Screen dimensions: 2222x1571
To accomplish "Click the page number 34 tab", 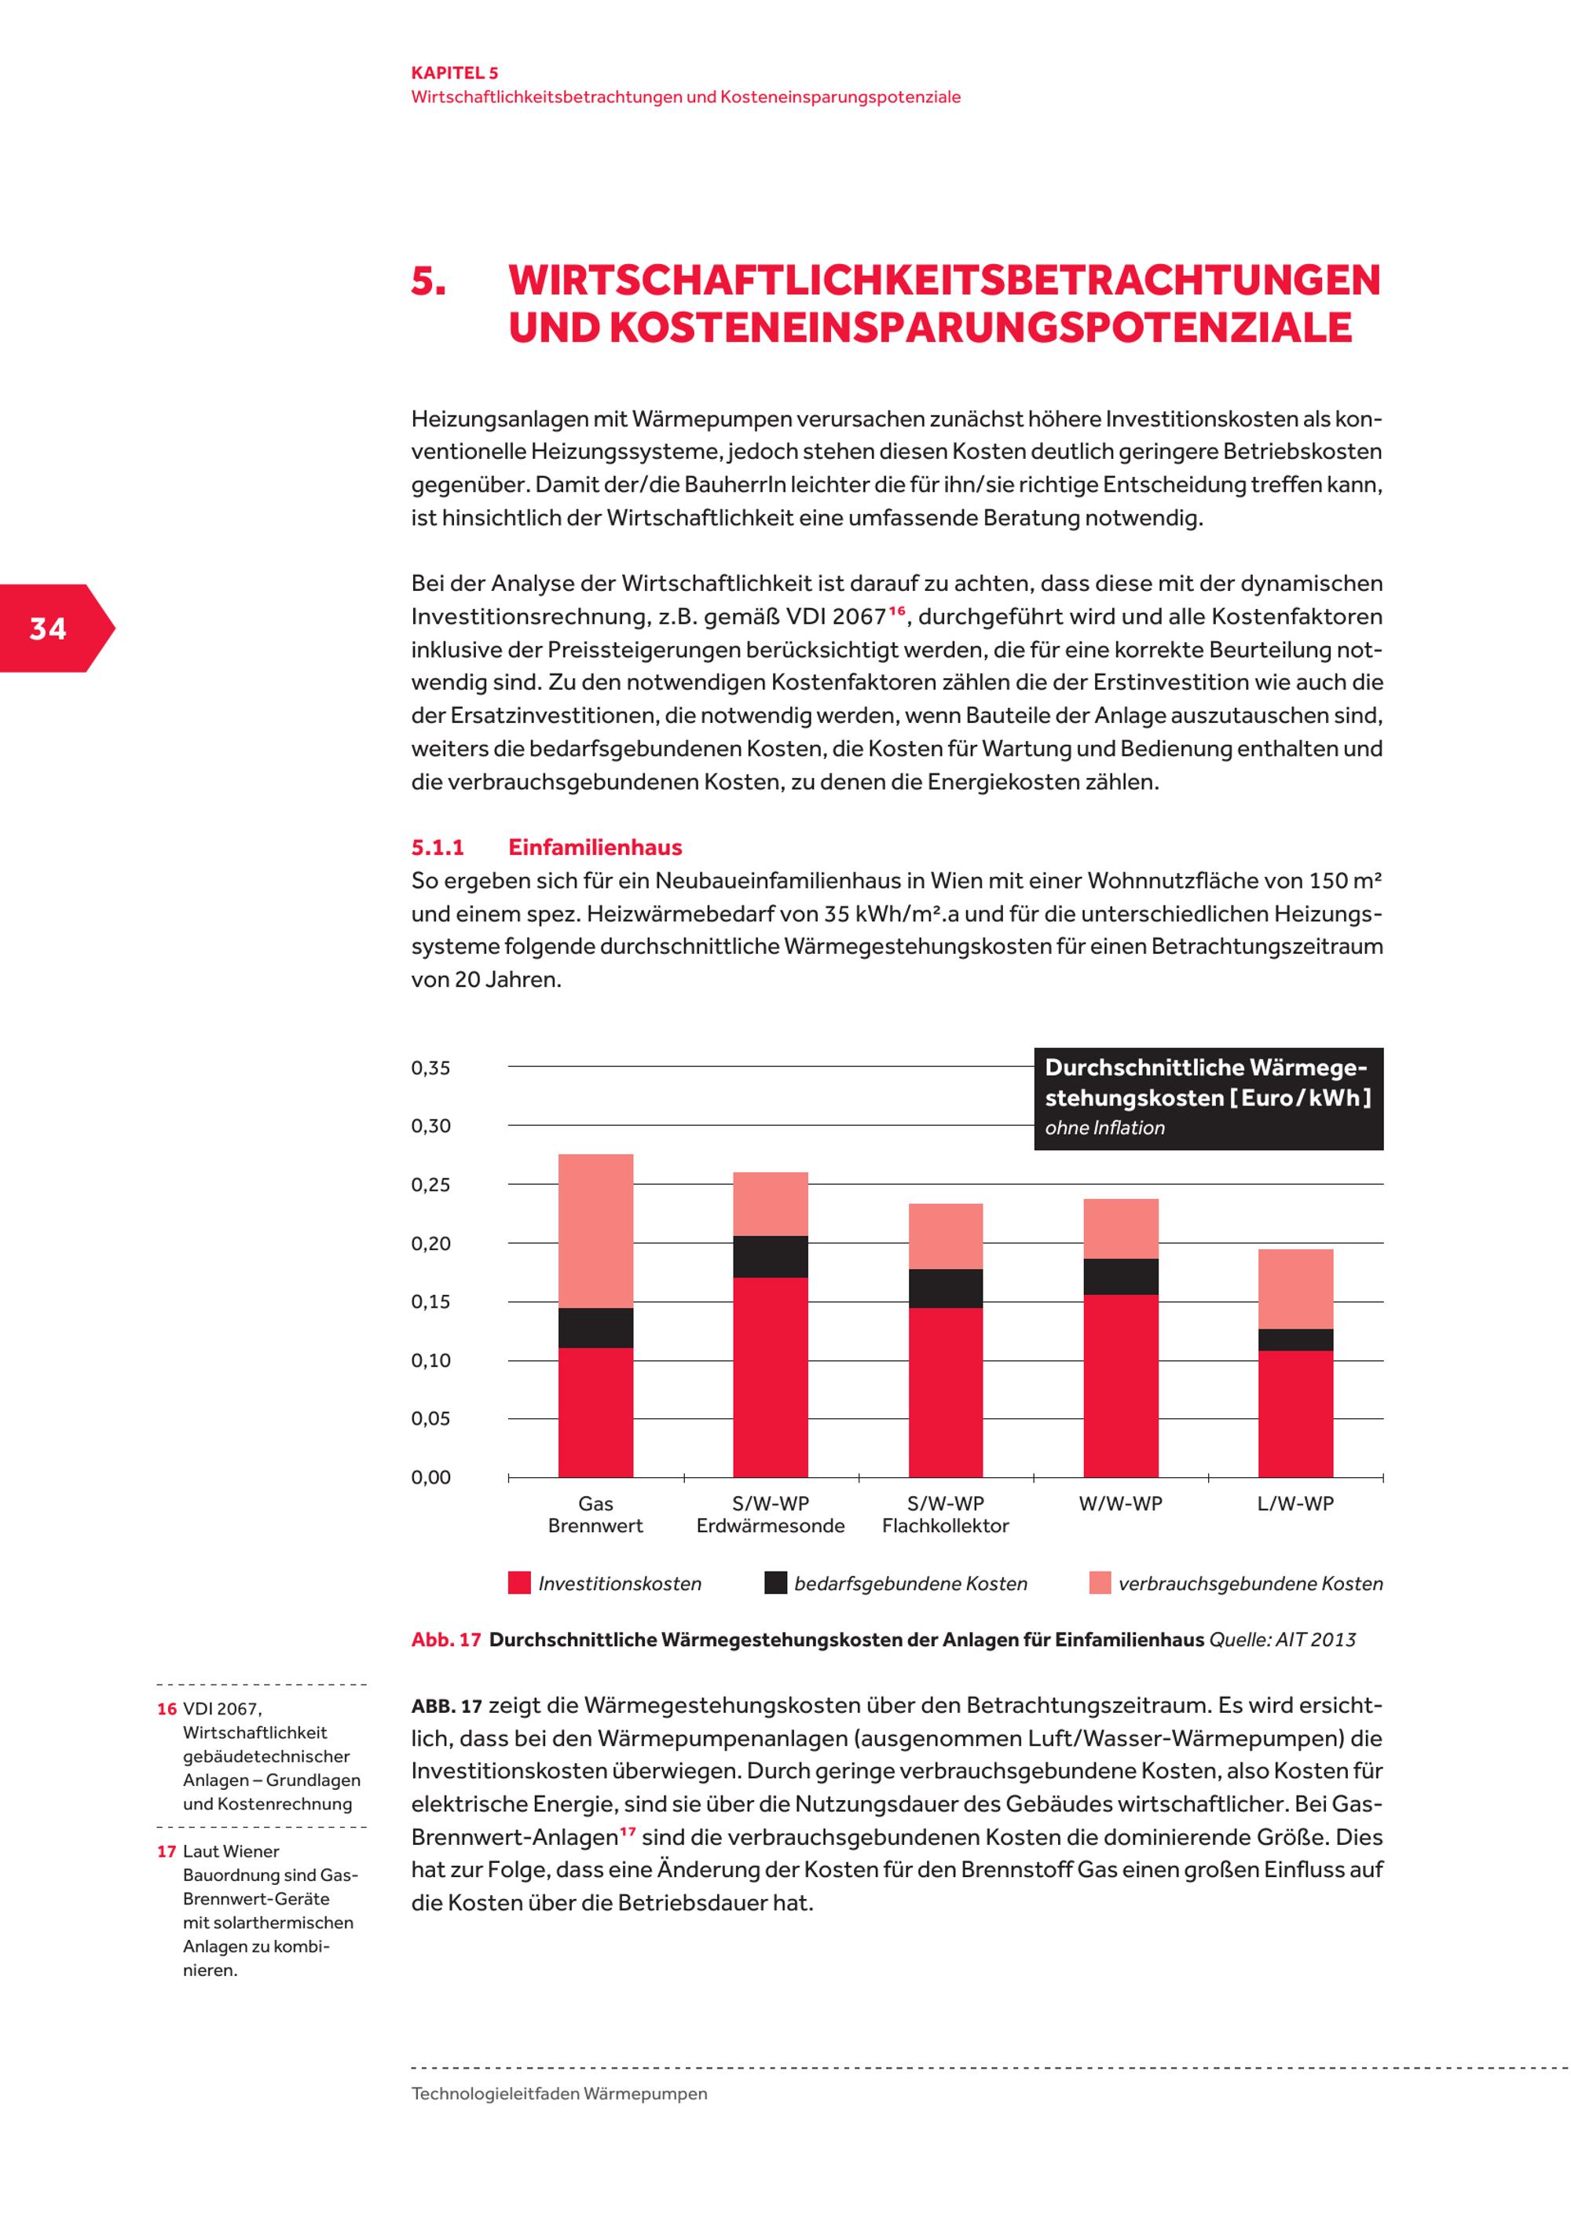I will coord(49,629).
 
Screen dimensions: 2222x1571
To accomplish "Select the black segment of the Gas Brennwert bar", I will coord(596,1328).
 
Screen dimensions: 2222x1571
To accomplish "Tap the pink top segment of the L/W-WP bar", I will coord(1295,1289).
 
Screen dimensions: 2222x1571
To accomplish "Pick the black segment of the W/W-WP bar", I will coord(1120,1277).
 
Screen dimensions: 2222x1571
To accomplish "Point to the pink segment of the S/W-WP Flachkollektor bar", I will coord(945,1236).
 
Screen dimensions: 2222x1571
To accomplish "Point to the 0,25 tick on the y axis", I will coord(430,1186).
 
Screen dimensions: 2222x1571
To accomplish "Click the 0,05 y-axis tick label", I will coord(430,1419).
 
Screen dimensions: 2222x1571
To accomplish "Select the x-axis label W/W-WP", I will coord(1120,1504).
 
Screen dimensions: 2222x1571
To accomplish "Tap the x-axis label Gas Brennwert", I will coord(596,1515).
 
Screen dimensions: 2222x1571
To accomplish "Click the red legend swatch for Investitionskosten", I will coord(519,1583).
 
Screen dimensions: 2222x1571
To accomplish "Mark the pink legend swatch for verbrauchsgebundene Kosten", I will coord(1100,1583).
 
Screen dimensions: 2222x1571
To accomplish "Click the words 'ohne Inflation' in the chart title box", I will coord(1104,1128).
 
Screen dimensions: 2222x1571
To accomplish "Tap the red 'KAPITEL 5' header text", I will coord(455,72).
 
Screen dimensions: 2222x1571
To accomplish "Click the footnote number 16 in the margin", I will coord(167,1710).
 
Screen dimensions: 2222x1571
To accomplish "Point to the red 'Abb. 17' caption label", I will coord(446,1641).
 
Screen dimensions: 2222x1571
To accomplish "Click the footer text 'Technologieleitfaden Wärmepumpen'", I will coord(559,2093).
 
